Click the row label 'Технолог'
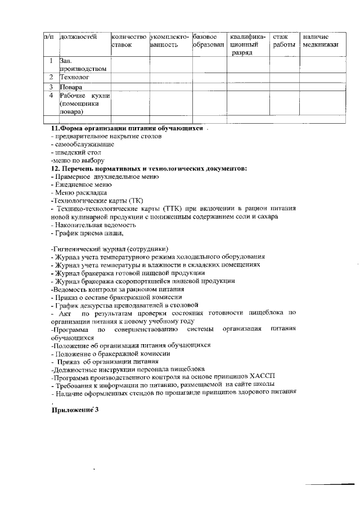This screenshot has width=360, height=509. click(75, 76)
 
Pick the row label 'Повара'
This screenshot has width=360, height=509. click(72, 87)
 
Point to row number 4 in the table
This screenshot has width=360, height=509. click(51, 96)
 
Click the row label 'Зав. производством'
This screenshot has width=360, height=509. click(83, 64)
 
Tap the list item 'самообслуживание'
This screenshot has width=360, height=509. click(84, 144)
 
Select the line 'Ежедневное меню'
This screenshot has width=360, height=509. click(82, 184)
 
